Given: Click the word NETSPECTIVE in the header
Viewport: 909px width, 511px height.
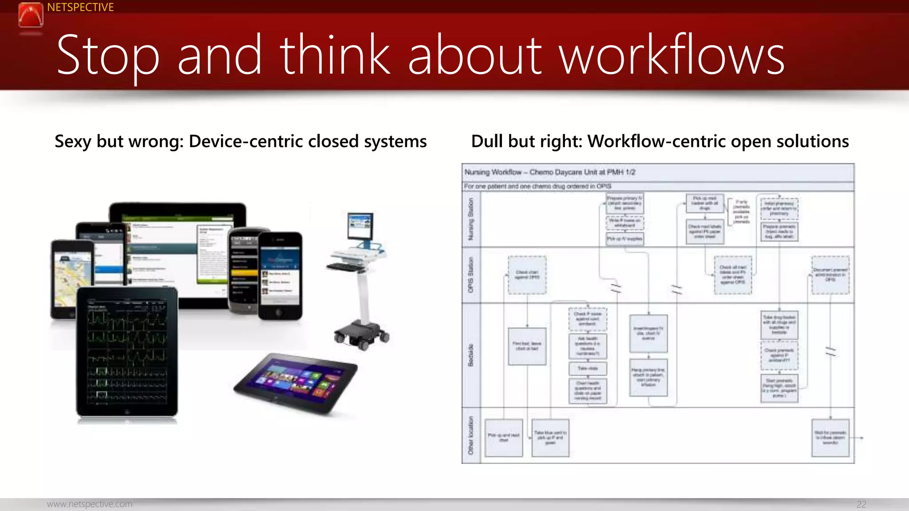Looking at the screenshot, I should pos(80,8).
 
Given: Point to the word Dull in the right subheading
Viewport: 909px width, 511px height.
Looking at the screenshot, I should pos(487,142).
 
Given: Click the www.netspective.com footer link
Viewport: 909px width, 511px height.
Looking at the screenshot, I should pos(90,504).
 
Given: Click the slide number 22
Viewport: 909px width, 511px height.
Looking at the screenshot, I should pos(861,504).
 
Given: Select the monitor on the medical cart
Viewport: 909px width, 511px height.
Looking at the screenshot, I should pos(360,227).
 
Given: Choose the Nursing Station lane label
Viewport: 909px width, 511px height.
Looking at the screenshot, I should pos(471,219).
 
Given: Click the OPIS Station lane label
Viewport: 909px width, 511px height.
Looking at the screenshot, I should pos(471,275).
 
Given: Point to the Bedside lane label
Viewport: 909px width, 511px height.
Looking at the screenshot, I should pos(471,355).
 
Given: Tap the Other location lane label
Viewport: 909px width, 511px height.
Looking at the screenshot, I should pos(471,435).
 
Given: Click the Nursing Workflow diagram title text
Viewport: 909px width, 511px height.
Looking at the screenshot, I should pos(549,172).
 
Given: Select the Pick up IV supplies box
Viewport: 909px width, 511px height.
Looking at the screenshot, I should pos(624,239).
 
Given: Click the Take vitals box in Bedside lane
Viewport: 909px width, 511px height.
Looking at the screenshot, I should pos(588,368).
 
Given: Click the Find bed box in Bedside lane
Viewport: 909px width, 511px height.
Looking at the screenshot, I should pos(527,346).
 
